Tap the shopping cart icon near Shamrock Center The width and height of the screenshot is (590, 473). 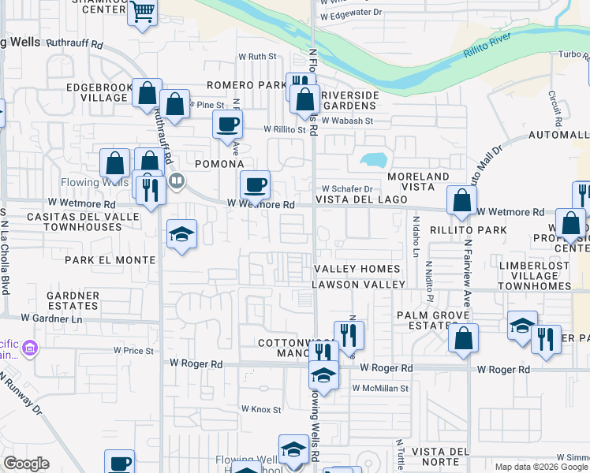[x=143, y=13]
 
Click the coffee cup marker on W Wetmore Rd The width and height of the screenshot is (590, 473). [x=255, y=186]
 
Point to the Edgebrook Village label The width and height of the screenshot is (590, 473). [x=90, y=91]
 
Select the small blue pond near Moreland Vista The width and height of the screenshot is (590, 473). [x=373, y=159]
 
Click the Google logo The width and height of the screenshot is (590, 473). [x=26, y=464]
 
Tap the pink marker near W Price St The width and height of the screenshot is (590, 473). [x=30, y=348]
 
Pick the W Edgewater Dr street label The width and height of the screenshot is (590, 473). [x=351, y=13]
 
